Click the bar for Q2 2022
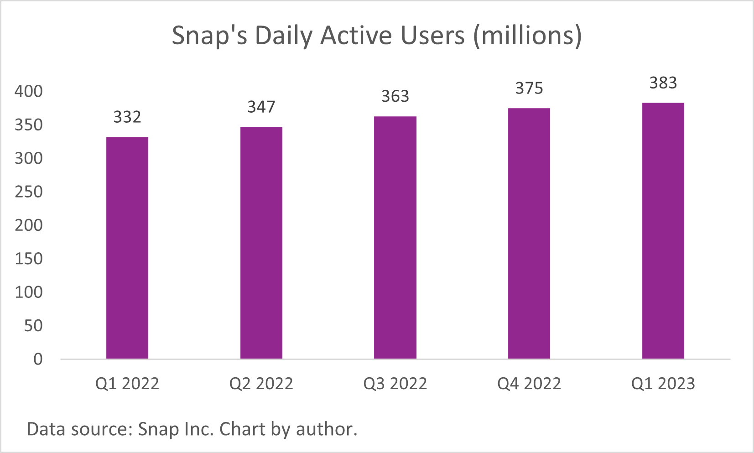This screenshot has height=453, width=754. (x=261, y=243)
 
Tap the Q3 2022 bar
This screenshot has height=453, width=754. (x=395, y=238)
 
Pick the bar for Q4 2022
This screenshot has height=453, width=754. (x=529, y=234)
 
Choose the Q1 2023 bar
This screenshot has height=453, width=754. (x=663, y=231)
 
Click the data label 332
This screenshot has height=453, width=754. (x=127, y=117)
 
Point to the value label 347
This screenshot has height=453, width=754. (x=261, y=107)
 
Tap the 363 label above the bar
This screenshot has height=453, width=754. (x=395, y=96)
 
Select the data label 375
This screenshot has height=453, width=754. (x=529, y=88)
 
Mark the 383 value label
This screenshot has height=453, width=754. (x=663, y=83)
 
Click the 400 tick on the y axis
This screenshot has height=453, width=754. (x=29, y=91)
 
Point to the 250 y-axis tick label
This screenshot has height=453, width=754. (x=29, y=192)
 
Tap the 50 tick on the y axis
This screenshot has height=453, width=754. (x=33, y=326)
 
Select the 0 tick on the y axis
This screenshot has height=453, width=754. (x=38, y=359)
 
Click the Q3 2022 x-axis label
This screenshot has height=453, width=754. (x=395, y=384)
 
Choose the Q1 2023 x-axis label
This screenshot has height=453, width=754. (x=663, y=384)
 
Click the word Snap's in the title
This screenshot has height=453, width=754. (x=209, y=36)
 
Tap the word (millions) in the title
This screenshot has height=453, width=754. (x=527, y=36)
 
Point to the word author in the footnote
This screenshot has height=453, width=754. (x=326, y=429)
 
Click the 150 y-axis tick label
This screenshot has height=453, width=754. (x=29, y=259)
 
